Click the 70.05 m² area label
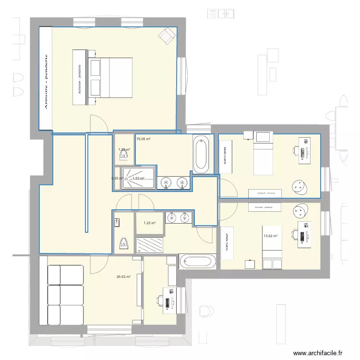(x=144, y=140)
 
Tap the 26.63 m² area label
(x=123, y=277)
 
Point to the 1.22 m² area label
(x=150, y=223)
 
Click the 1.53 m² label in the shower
(x=139, y=179)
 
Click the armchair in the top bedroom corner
(x=167, y=35)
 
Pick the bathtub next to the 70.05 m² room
(x=201, y=154)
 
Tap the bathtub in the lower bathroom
(x=199, y=262)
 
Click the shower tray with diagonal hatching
(x=150, y=244)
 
